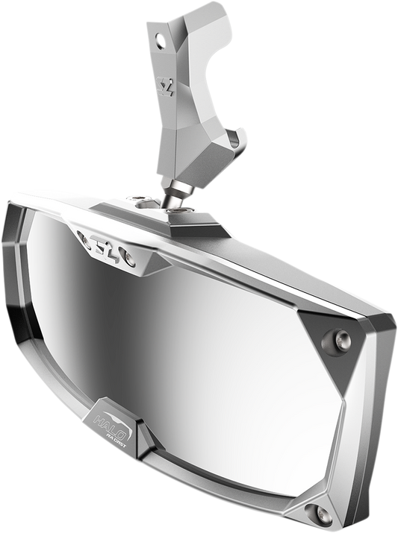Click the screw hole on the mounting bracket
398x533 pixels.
click(x=157, y=34)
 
